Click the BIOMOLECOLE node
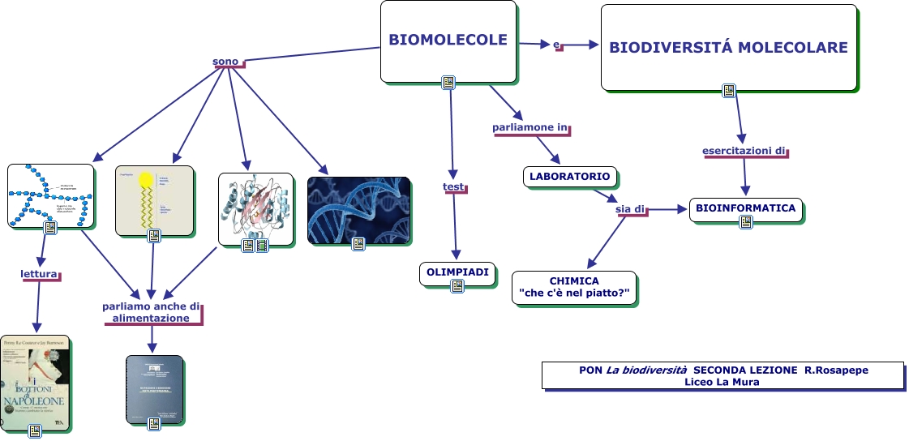448,40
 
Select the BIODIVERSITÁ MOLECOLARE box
728,47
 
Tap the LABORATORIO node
569,176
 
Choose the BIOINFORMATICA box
745,208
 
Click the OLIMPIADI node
457,272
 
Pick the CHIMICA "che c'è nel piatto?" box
573,287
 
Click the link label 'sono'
225,62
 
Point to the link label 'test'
453,187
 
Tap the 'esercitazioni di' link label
744,151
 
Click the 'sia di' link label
630,209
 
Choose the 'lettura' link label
39,274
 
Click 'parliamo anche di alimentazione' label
152,312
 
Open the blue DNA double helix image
358,209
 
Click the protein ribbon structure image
255,207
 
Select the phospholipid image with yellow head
154,199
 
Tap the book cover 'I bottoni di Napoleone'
35,381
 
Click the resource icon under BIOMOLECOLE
448,83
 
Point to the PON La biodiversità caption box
722,375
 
